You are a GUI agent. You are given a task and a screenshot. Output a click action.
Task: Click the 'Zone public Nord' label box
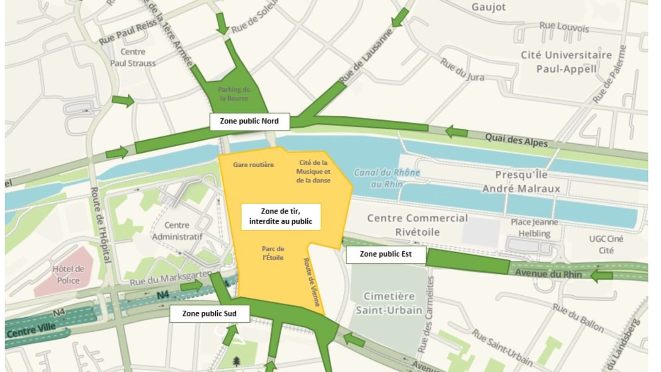[x=249, y=121]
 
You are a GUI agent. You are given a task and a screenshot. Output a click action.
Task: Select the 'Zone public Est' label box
[x=386, y=254]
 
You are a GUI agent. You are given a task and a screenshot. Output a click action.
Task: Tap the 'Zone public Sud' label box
[x=209, y=314]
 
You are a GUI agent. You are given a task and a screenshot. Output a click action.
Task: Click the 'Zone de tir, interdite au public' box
[x=281, y=216]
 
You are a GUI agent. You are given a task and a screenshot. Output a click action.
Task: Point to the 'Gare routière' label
[x=253, y=165]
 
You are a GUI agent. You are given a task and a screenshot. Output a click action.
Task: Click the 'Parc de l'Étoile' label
[x=273, y=253]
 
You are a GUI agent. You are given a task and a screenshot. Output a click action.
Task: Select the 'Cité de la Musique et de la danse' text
[x=313, y=172]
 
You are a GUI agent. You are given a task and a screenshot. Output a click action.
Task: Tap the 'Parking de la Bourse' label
[x=234, y=94]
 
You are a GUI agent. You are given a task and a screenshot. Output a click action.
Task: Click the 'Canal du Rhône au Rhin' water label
[x=387, y=178]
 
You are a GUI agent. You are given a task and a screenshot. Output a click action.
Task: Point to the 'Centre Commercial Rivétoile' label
[x=417, y=225]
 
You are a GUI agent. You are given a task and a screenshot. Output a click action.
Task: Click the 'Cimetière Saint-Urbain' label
[x=389, y=303]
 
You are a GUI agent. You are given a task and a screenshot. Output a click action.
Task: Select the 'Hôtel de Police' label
[x=68, y=275]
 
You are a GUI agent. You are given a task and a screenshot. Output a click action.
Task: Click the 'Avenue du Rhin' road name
[x=548, y=274]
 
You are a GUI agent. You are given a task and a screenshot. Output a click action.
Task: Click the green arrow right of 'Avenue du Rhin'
[x=601, y=275]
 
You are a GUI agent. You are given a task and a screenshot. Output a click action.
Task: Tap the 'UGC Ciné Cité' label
[x=606, y=244]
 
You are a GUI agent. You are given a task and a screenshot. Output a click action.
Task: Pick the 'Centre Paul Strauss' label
[x=133, y=57]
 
